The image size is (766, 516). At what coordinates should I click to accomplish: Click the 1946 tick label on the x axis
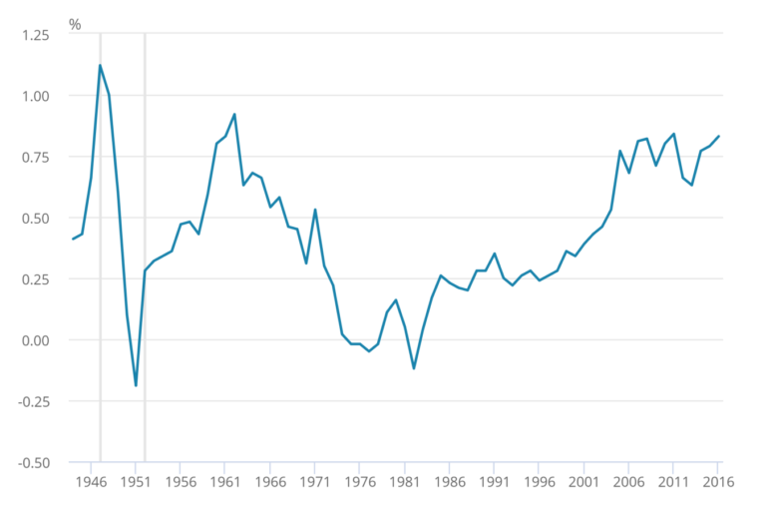tap(91, 481)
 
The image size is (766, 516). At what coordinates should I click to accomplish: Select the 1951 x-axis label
tap(136, 481)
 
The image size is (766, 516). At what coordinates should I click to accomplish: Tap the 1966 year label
tap(270, 481)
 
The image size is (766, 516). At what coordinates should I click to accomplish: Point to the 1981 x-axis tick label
tap(405, 481)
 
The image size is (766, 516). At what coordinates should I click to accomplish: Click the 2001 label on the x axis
tap(584, 481)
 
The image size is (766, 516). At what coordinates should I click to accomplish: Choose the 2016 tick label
tap(718, 481)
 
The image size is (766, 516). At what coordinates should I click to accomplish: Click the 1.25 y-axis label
tap(34, 34)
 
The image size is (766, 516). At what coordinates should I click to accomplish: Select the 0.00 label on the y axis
tap(34, 340)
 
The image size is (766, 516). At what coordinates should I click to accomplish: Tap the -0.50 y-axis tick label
tap(32, 462)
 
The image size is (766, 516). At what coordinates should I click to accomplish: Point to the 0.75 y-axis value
tap(34, 157)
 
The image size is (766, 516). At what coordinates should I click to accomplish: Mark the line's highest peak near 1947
tap(100, 65)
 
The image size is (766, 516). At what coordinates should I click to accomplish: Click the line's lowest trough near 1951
tap(136, 385)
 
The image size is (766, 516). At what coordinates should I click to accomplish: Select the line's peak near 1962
tap(234, 114)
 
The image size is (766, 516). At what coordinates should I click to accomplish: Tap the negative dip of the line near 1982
tap(413, 368)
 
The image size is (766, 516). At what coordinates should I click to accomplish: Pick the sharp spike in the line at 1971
tap(315, 210)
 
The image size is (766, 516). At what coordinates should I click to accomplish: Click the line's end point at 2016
tap(719, 136)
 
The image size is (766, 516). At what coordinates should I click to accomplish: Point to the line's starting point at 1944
tap(73, 240)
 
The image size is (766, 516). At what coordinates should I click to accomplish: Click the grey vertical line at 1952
tap(145, 250)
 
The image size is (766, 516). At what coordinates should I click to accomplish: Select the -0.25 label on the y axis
tap(32, 401)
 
